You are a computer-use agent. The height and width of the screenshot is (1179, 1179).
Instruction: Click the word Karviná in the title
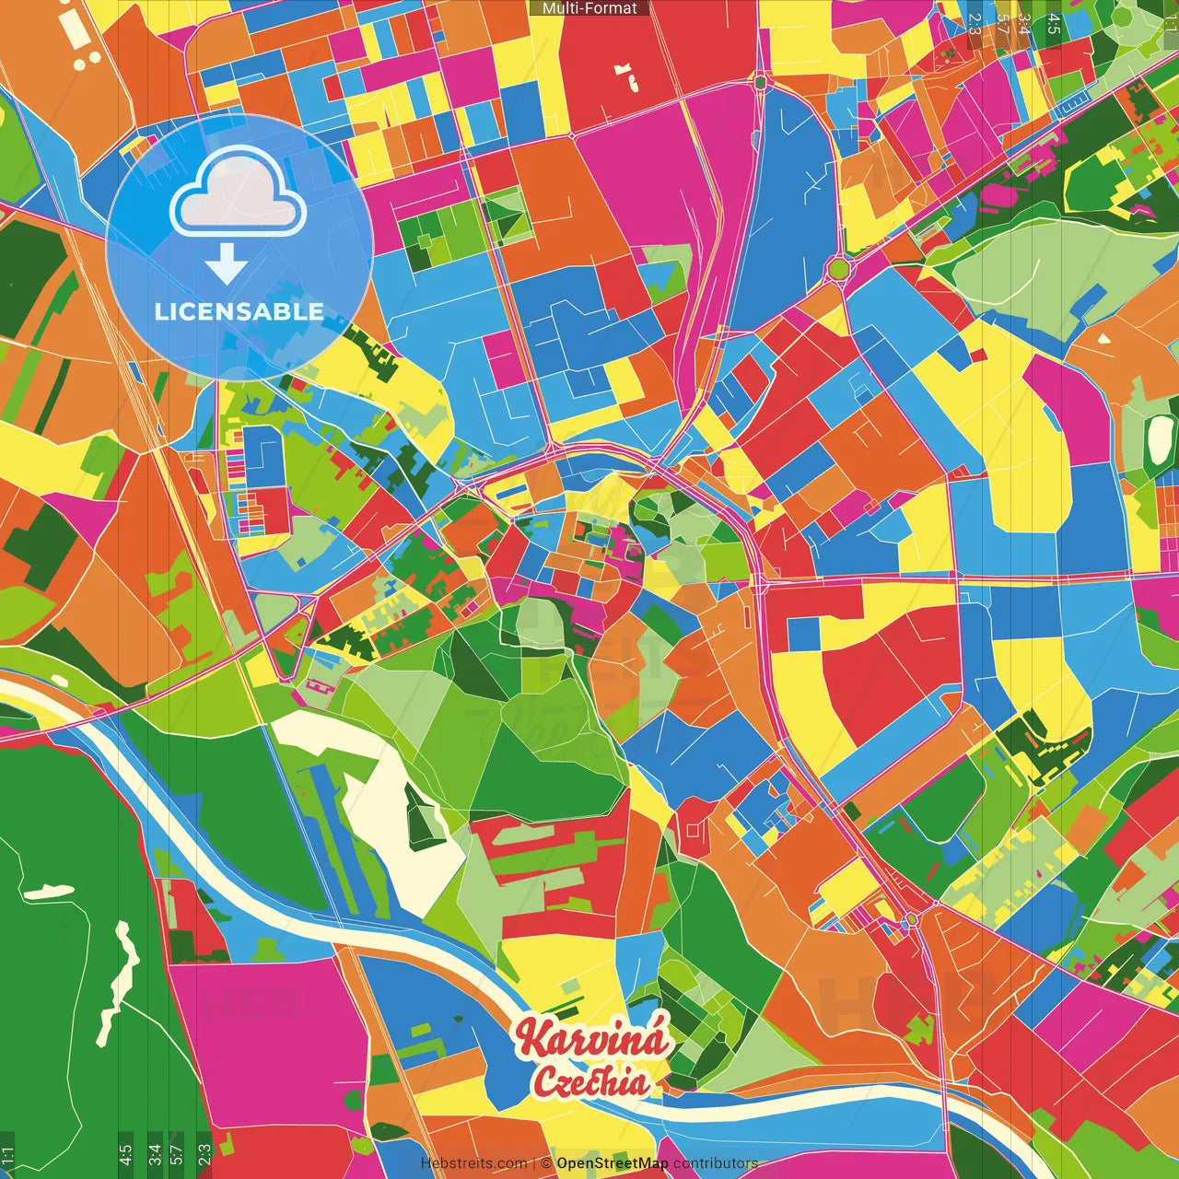(x=591, y=1038)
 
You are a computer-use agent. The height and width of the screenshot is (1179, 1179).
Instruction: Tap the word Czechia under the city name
(x=591, y=1081)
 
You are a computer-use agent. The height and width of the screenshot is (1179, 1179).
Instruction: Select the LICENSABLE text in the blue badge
(x=239, y=311)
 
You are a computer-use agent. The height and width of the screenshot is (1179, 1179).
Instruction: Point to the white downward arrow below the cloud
(x=226, y=263)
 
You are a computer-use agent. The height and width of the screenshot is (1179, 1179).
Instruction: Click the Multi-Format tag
(x=589, y=8)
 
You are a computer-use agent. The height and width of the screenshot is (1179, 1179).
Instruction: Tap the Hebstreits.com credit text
(x=473, y=1163)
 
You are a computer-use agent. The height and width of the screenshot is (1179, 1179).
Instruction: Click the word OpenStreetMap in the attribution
(x=612, y=1163)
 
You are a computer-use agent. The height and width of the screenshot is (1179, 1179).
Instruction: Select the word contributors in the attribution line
(x=715, y=1163)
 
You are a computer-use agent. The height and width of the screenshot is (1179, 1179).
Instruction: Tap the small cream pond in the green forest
(x=48, y=892)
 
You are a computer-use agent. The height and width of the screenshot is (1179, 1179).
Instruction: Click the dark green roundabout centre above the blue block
(x=760, y=83)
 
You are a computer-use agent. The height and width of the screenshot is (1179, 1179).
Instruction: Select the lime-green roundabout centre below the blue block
(x=837, y=269)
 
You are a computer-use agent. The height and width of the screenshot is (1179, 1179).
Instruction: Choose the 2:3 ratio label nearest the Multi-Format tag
(x=975, y=24)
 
